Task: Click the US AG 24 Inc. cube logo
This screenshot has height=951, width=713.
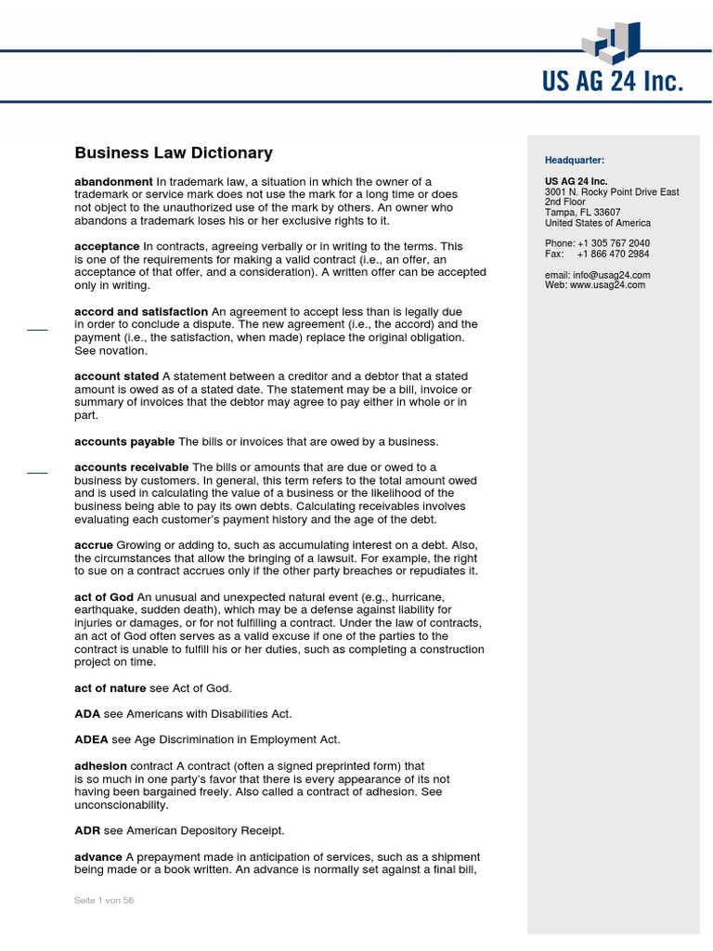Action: [x=612, y=44]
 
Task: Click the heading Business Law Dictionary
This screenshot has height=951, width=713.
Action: [x=174, y=153]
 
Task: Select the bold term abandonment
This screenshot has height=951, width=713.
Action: [x=113, y=181]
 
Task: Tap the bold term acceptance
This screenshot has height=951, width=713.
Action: [x=107, y=246]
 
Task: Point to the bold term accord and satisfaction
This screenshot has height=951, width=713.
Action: [x=141, y=311]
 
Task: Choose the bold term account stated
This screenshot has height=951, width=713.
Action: [x=116, y=376]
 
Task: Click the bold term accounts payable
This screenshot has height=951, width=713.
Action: [x=124, y=441]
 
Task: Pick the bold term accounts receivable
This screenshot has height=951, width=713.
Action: [x=131, y=466]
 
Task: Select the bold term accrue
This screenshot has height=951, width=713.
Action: [x=94, y=544]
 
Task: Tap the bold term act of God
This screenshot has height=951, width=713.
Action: [x=103, y=596]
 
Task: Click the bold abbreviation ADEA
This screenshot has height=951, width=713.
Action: [x=91, y=739]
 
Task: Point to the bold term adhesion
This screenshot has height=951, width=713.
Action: [x=100, y=766]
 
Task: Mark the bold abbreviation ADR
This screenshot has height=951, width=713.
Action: [x=86, y=830]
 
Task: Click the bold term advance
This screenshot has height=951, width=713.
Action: [x=98, y=856]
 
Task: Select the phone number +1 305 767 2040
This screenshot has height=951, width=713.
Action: [x=613, y=243]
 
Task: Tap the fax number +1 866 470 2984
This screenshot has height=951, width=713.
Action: [x=613, y=254]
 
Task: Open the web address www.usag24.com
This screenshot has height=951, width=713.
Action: [x=607, y=285]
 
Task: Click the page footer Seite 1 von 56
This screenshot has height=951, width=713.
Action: [x=105, y=900]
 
